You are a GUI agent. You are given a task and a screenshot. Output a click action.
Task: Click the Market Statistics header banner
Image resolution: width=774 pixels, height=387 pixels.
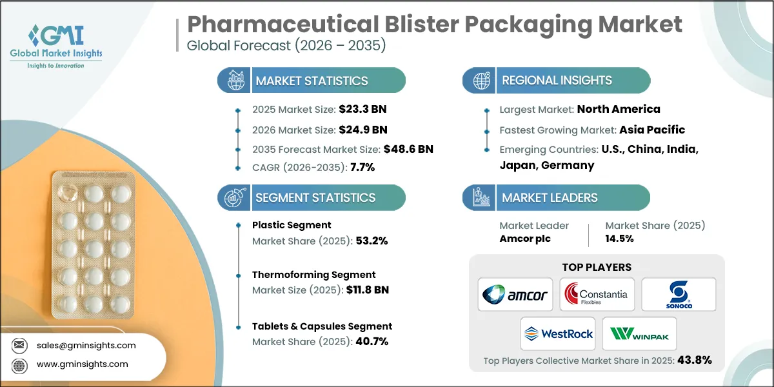pyautogui.click(x=312, y=81)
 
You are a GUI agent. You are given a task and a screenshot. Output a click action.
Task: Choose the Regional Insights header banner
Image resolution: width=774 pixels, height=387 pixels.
pyautogui.click(x=557, y=81)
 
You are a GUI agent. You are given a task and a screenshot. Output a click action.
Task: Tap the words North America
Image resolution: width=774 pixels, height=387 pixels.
pyautogui.click(x=619, y=109)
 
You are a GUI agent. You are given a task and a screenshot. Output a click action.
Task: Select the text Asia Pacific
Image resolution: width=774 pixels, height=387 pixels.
pyautogui.click(x=652, y=129)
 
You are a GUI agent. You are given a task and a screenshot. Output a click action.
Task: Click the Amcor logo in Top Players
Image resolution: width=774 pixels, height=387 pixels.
pyautogui.click(x=514, y=295)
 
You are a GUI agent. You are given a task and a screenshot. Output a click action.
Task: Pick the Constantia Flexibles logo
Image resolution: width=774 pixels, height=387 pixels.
pyautogui.click(x=597, y=295)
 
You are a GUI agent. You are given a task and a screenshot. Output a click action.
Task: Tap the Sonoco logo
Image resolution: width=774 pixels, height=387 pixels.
pyautogui.click(x=679, y=295)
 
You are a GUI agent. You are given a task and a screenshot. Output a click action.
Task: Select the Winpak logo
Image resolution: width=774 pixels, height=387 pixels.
pyautogui.click(x=639, y=333)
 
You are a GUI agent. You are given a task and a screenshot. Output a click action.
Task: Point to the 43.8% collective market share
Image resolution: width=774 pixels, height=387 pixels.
pyautogui.click(x=694, y=360)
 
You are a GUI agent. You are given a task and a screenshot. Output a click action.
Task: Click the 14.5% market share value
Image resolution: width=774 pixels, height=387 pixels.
pyautogui.click(x=619, y=239)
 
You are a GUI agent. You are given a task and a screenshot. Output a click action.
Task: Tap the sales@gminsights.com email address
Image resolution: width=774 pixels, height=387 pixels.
pyautogui.click(x=86, y=345)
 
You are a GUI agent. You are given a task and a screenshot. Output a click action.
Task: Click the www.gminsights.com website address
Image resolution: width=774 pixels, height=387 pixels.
pyautogui.click(x=82, y=364)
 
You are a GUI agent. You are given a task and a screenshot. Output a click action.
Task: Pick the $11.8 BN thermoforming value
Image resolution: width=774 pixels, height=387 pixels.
pyautogui.click(x=366, y=290)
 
